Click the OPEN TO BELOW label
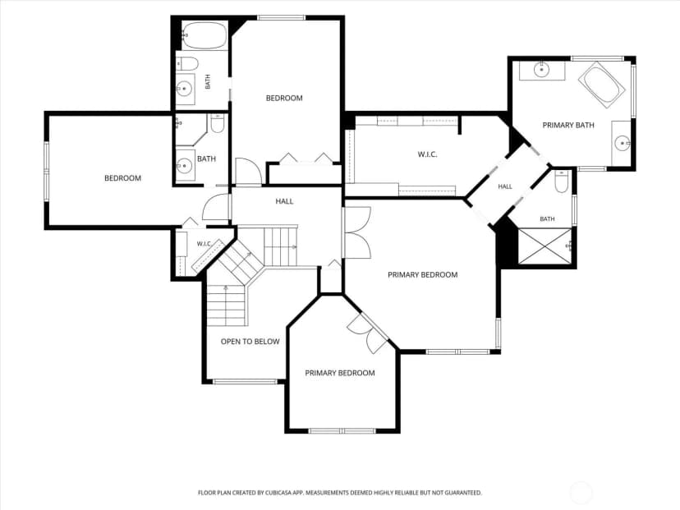pyautogui.click(x=250, y=342)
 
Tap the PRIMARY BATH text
pyautogui.click(x=568, y=126)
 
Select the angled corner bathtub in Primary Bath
pyautogui.click(x=601, y=85)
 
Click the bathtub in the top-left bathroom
pyautogui.click(x=204, y=35)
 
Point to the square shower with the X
pyautogui.click(x=545, y=246)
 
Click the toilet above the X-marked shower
pyautogui.click(x=562, y=181)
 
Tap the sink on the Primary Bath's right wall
pyautogui.click(x=622, y=143)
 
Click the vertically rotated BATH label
pyautogui.click(x=208, y=81)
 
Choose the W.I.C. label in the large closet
pyautogui.click(x=427, y=154)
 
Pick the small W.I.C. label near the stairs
pyautogui.click(x=204, y=244)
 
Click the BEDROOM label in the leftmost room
pyautogui.click(x=122, y=178)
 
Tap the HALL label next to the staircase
pyautogui.click(x=284, y=201)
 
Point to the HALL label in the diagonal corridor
pyautogui.click(x=505, y=187)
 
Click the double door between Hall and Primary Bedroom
pyautogui.click(x=356, y=233)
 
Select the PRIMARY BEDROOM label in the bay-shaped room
pyautogui.click(x=339, y=373)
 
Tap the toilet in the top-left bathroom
pyautogui.click(x=187, y=64)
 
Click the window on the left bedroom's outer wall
pyautogui.click(x=46, y=172)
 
